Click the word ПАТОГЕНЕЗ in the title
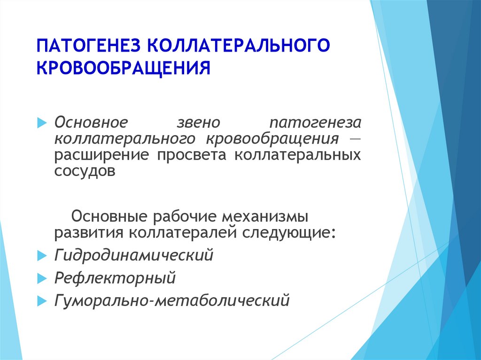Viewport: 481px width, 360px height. point(88,45)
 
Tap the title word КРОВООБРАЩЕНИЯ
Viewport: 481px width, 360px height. point(124,68)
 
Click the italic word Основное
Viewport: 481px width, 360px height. point(91,123)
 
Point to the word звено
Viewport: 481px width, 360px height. point(199,123)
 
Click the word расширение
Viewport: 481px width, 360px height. point(101,155)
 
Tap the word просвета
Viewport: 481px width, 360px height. point(192,155)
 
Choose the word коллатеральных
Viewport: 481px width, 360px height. point(297,155)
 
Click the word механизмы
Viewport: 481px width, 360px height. point(265,216)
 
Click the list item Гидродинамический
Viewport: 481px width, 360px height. point(134,255)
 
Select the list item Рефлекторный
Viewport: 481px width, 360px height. point(115,278)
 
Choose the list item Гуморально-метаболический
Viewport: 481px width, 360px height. point(172,300)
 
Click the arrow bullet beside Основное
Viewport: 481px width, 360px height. point(42,123)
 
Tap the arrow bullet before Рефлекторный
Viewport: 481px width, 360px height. point(42,278)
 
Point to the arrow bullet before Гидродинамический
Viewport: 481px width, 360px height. point(42,256)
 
